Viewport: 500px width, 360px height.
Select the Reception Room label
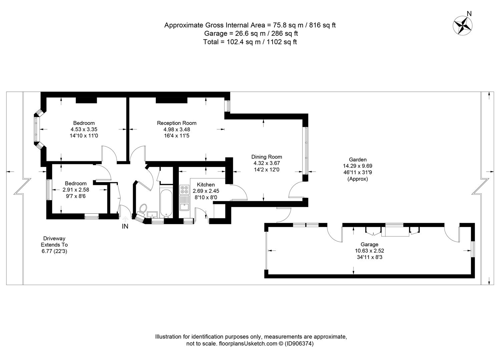[176, 123]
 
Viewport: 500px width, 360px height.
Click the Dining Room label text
[267, 157]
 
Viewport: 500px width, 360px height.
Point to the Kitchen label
[205, 184]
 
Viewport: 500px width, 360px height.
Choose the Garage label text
[370, 244]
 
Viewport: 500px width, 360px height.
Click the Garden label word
[358, 159]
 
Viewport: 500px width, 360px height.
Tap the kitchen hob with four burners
[184, 190]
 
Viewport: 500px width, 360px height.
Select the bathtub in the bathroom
[166, 203]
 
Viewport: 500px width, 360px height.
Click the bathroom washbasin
[152, 214]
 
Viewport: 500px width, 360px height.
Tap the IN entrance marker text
[125, 226]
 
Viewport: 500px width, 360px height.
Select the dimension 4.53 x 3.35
[84, 129]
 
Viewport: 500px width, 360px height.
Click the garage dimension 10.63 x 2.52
[370, 251]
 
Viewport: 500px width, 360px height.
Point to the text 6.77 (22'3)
[54, 251]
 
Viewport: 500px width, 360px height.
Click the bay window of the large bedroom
[39, 129]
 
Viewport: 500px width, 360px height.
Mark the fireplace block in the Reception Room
[171, 100]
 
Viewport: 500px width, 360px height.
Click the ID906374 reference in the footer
[299, 343]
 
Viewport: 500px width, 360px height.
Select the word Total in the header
[211, 42]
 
